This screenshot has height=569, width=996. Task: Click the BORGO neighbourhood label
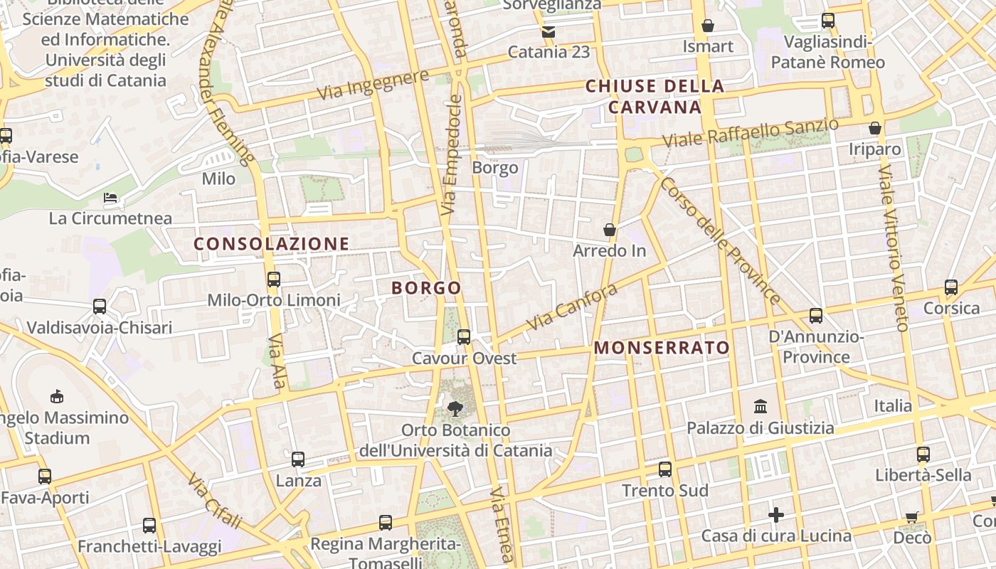pyautogui.click(x=426, y=288)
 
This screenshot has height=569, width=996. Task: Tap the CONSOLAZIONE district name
pyautogui.click(x=272, y=244)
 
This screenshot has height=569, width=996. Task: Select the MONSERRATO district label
pyautogui.click(x=662, y=347)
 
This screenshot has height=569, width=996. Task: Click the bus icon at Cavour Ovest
pyautogui.click(x=464, y=336)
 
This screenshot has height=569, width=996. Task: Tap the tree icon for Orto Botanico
pyautogui.click(x=455, y=409)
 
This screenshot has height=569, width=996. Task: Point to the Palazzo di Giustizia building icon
pyautogui.click(x=761, y=407)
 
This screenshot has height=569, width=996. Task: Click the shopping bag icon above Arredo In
pyautogui.click(x=610, y=230)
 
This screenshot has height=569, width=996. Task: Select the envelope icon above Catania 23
pyautogui.click(x=548, y=31)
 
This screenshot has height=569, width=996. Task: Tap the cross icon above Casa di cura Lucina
pyautogui.click(x=776, y=514)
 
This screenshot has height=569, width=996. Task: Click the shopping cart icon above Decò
pyautogui.click(x=912, y=517)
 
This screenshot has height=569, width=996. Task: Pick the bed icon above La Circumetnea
pyautogui.click(x=110, y=197)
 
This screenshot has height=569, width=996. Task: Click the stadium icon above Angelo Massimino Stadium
pyautogui.click(x=57, y=396)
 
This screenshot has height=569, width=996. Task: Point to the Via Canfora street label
pyautogui.click(x=572, y=308)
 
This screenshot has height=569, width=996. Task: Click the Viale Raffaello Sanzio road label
pyautogui.click(x=751, y=134)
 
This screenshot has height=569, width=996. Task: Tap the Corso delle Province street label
pyautogui.click(x=720, y=240)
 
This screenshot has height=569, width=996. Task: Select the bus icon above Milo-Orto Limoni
pyautogui.click(x=274, y=280)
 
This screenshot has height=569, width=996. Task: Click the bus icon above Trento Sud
pyautogui.click(x=665, y=469)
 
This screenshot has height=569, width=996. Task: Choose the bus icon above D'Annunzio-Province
pyautogui.click(x=816, y=315)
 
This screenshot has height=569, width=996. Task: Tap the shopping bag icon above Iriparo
pyautogui.click(x=875, y=129)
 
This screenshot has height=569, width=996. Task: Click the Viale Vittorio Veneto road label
pyautogui.click(x=894, y=249)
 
